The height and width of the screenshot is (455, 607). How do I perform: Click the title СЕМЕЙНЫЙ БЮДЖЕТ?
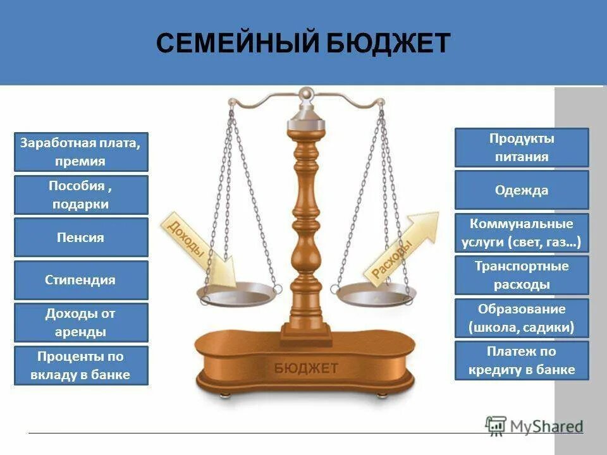pyautogui.click(x=303, y=44)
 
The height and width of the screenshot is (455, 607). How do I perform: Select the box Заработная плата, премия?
pyautogui.click(x=81, y=152)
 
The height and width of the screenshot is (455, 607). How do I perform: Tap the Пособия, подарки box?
pyautogui.click(x=81, y=195)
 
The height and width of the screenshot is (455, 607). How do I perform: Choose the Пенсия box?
pyautogui.click(x=81, y=238)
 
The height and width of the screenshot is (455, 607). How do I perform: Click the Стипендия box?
pyautogui.click(x=81, y=280)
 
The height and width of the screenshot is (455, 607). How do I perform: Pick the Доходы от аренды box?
pyautogui.click(x=81, y=323)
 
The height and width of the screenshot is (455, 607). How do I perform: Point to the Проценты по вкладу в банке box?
pyautogui.click(x=81, y=365)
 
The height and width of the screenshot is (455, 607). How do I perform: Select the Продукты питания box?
pyautogui.click(x=522, y=147)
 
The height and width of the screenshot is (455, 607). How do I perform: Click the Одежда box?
pyautogui.click(x=522, y=190)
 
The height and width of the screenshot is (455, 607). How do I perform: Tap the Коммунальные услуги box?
pyautogui.click(x=522, y=233)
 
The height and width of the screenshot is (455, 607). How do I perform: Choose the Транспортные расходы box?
pyautogui.click(x=522, y=275)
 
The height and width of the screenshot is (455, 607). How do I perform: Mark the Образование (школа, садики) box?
pyautogui.click(x=522, y=318)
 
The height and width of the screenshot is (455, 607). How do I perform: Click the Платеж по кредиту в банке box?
pyautogui.click(x=522, y=360)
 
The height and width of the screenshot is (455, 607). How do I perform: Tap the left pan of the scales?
pyautogui.click(x=238, y=294)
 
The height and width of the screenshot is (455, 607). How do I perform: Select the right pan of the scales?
pyautogui.click(x=374, y=294)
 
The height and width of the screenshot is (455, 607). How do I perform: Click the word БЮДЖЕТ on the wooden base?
pyautogui.click(x=307, y=368)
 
